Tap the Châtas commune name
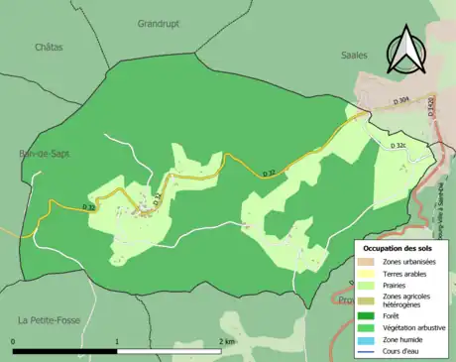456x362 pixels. [48, 47]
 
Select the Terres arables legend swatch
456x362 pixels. [369, 273]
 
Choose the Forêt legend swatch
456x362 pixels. [369, 316]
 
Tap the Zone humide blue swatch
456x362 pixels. [369, 339]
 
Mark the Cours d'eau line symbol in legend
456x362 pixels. [369, 351]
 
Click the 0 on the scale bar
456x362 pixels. [14, 341]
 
